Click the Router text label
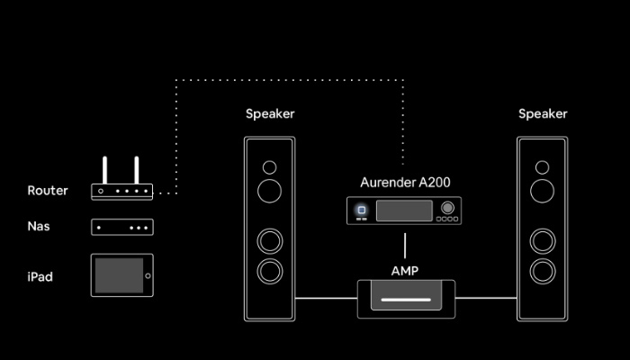click(48, 191)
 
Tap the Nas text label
click(38, 226)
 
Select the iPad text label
click(40, 276)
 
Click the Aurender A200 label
click(405, 183)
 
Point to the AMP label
click(405, 270)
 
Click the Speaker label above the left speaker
click(270, 114)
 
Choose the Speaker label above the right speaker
click(543, 114)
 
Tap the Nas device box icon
click(122, 227)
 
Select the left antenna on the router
click(105, 170)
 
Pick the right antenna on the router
click(137, 170)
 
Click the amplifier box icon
click(406, 298)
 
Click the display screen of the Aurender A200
click(402, 211)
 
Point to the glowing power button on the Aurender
click(360, 207)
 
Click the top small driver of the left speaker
click(269, 167)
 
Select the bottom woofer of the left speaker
click(269, 271)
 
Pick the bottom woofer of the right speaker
click(542, 271)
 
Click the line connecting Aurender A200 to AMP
click(405, 245)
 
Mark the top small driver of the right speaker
click(542, 167)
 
